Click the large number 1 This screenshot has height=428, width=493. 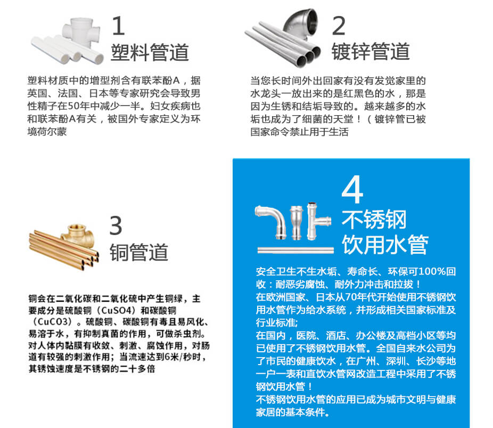[x=118, y=26]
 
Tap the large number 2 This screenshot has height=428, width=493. [x=339, y=26]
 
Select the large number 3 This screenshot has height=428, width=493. [x=116, y=225]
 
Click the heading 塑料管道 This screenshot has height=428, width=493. [x=150, y=52]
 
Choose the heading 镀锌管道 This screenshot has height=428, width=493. [x=371, y=51]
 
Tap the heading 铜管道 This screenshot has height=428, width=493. [x=139, y=252]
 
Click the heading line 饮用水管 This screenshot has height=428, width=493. [x=385, y=244]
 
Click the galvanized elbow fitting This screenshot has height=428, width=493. [x=301, y=23]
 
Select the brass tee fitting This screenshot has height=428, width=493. [x=77, y=235]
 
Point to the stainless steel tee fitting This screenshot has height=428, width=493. [x=317, y=221]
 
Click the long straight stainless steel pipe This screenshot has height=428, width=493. [x=295, y=250]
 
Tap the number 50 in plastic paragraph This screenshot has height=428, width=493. [x=73, y=106]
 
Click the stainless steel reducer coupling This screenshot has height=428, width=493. [x=296, y=222]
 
